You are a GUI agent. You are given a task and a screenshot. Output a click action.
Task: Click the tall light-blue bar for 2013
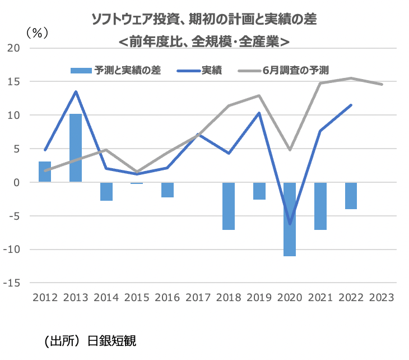(x=76, y=148)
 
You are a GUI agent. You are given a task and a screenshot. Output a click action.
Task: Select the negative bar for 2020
(x=290, y=219)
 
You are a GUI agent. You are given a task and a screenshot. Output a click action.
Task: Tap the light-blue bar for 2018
(x=229, y=206)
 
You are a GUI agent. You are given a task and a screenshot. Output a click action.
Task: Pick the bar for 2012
(x=45, y=172)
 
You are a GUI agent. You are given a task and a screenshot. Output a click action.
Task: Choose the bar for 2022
(x=351, y=196)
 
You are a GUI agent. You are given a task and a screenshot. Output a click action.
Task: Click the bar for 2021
(x=320, y=206)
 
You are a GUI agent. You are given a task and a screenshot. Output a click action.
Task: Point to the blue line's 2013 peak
(x=76, y=91)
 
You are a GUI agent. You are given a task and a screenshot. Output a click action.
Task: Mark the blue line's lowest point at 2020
(x=290, y=224)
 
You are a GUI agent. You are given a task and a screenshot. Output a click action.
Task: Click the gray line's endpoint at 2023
(x=382, y=85)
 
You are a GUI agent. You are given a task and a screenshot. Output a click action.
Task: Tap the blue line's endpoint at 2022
(x=351, y=105)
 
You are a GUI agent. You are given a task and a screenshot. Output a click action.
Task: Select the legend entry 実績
(x=212, y=71)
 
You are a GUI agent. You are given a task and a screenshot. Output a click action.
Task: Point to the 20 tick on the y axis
(x=14, y=48)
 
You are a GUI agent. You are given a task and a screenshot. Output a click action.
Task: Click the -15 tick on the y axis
(x=12, y=283)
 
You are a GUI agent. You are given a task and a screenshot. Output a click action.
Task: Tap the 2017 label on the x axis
(x=198, y=297)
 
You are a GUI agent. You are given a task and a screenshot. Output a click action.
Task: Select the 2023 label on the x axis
(x=382, y=297)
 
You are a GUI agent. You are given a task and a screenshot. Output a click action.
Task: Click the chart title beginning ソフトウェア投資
(x=204, y=20)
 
